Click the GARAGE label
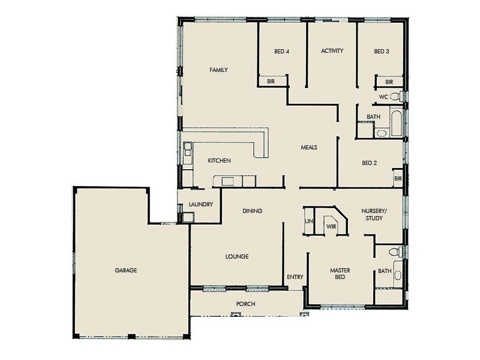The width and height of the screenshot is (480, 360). click(x=126, y=271)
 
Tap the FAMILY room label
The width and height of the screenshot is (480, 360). click(x=218, y=70)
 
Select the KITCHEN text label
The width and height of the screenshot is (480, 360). click(x=219, y=161)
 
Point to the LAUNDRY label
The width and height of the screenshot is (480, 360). click(x=200, y=205)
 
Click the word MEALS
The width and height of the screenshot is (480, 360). click(x=309, y=148)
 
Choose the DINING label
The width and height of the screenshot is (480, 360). click(x=253, y=211)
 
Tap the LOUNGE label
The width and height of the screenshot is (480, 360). click(x=237, y=257)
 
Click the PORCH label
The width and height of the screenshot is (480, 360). click(x=245, y=304)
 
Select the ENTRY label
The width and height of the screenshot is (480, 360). click(x=295, y=277)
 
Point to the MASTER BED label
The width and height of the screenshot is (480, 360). click(x=340, y=274)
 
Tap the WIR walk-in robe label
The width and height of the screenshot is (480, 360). click(x=331, y=226)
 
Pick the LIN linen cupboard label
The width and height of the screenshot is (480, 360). click(x=309, y=221)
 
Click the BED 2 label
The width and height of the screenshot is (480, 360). click(x=369, y=163)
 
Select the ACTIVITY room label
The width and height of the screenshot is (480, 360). click(x=332, y=51)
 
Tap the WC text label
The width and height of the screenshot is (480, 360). click(x=383, y=97)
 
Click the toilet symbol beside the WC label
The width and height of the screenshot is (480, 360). click(x=396, y=96)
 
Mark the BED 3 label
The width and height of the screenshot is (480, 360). click(x=382, y=52)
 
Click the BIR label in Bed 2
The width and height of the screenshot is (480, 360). click(x=397, y=178)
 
